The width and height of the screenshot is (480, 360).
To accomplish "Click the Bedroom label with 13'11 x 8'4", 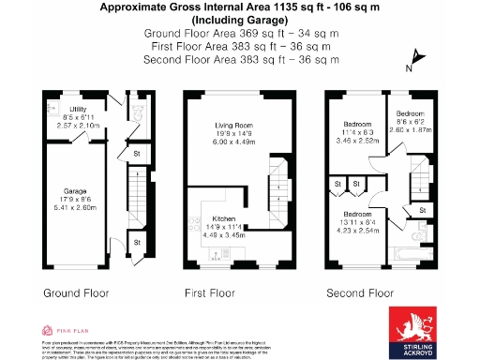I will pos(358,213).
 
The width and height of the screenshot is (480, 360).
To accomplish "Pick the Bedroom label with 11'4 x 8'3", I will pos(358,123).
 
